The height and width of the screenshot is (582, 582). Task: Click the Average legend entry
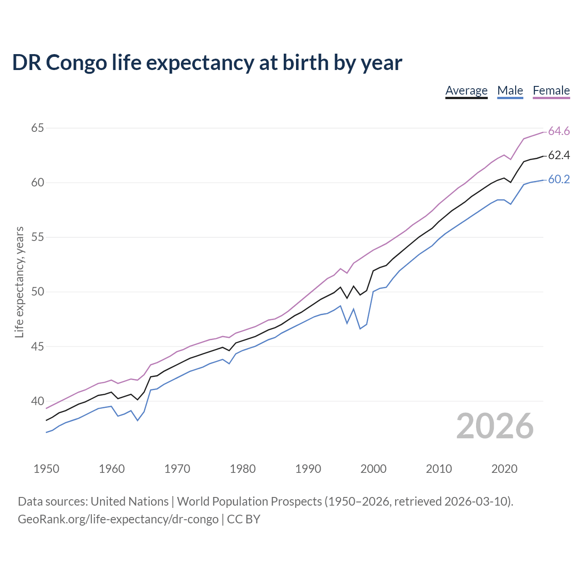click(466, 90)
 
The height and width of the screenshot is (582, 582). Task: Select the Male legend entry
click(510, 90)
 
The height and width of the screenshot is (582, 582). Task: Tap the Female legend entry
click(551, 90)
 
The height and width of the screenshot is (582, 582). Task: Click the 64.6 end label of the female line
click(559, 131)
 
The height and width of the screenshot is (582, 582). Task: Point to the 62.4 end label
click(559, 156)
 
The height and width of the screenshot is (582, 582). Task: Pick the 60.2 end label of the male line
click(559, 180)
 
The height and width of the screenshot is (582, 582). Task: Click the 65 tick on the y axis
click(37, 128)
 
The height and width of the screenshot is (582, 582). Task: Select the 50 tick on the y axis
click(37, 292)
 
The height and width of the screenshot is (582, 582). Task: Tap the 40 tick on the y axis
click(37, 401)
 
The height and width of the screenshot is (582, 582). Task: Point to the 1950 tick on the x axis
click(46, 469)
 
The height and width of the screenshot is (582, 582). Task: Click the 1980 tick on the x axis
click(242, 469)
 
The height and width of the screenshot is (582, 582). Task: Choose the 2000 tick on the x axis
click(373, 469)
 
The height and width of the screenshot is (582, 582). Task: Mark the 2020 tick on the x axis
click(504, 469)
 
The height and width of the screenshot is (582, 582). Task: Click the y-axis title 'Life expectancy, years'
click(20, 282)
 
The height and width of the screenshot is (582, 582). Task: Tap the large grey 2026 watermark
click(495, 426)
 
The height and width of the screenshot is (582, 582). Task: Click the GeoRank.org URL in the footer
click(118, 519)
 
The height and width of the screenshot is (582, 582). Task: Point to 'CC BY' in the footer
click(244, 519)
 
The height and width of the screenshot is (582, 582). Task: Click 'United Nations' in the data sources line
click(130, 502)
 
